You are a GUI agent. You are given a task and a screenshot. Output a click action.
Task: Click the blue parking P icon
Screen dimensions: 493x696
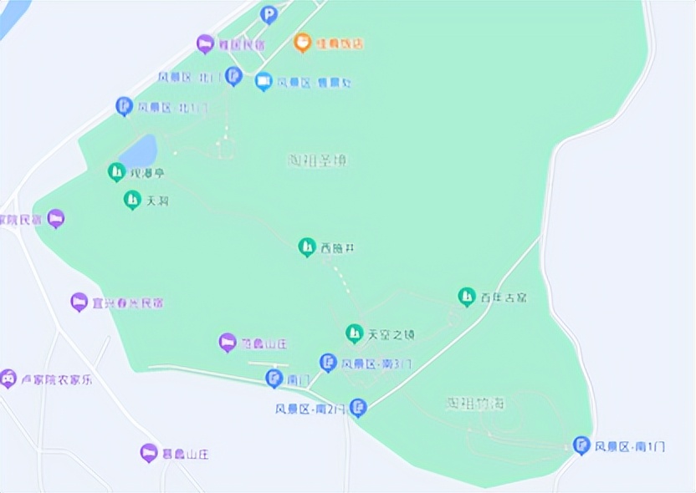(268, 14)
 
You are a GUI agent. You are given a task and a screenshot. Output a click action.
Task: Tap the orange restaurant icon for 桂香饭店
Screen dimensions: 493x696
(303, 42)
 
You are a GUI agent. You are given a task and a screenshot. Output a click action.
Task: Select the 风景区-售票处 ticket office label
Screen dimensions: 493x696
(314, 83)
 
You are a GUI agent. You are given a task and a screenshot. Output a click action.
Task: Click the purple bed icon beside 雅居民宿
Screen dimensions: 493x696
(205, 43)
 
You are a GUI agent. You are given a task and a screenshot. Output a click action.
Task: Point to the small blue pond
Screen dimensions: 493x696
(139, 151)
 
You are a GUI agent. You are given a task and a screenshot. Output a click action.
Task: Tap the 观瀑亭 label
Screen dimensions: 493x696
(147, 174)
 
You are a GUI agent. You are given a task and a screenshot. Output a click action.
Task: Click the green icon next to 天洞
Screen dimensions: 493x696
(132, 200)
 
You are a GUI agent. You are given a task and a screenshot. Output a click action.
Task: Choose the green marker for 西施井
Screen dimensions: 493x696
(307, 246)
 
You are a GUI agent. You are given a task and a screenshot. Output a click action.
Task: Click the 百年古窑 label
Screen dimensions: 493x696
(503, 297)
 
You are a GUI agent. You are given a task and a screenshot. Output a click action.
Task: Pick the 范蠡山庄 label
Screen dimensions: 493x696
(264, 343)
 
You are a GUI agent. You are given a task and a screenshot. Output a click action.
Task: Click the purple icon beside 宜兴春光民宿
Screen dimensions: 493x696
(79, 302)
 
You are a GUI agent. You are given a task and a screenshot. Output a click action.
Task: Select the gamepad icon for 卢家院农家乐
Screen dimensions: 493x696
(8, 379)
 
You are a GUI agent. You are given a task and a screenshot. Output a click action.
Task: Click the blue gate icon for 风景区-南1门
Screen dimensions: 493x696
(581, 445)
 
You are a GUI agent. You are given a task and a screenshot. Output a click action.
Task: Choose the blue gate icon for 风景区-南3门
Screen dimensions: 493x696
(328, 362)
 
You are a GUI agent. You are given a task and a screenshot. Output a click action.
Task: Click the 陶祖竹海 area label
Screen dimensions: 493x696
(476, 404)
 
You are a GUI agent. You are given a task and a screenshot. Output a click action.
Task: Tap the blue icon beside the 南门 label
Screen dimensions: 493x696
(274, 379)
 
